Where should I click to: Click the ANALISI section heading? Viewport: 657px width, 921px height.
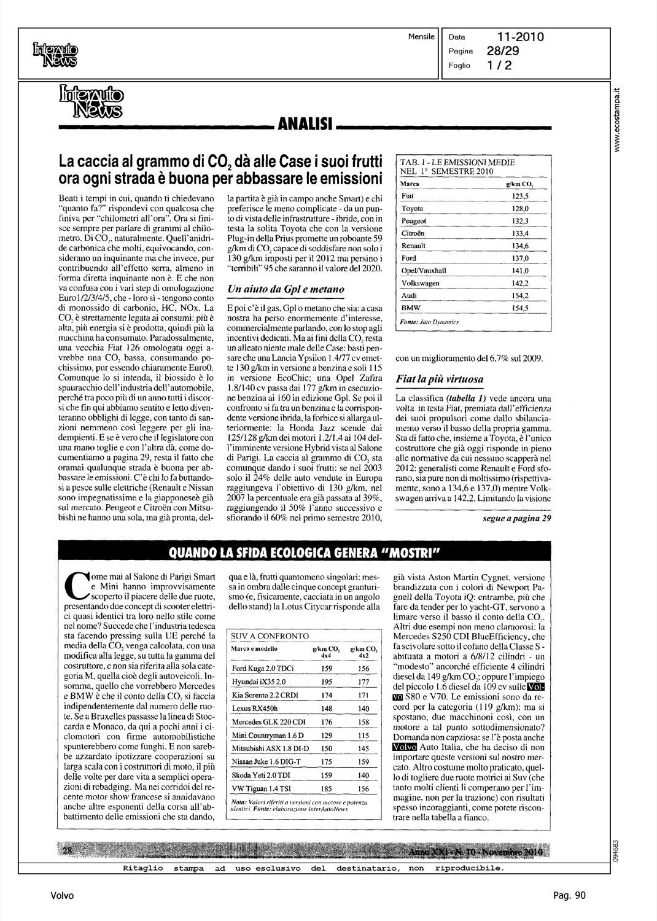tap(305, 126)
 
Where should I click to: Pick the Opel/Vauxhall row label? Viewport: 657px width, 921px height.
tap(423, 270)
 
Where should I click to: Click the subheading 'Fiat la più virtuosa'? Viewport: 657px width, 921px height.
tap(439, 379)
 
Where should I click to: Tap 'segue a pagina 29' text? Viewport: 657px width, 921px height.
tap(516, 519)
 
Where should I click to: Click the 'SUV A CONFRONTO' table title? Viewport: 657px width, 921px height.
tap(270, 636)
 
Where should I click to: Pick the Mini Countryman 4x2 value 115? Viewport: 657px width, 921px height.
tap(363, 735)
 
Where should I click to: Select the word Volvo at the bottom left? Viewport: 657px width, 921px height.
tap(63, 895)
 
